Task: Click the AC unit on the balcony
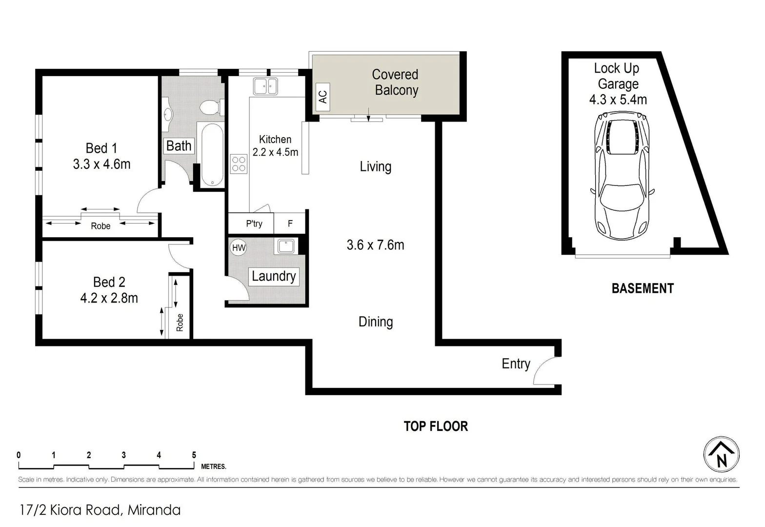pyautogui.click(x=322, y=94)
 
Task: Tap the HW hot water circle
pyautogui.click(x=239, y=247)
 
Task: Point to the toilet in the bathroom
pyautogui.click(x=213, y=106)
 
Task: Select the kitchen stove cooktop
pyautogui.click(x=239, y=164)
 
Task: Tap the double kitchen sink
pyautogui.click(x=265, y=86)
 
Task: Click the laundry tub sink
pyautogui.click(x=285, y=246)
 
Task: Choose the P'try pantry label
pyautogui.click(x=254, y=223)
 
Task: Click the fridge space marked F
pyautogui.click(x=290, y=223)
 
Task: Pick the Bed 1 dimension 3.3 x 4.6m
pyautogui.click(x=101, y=164)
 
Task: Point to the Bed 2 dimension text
pyautogui.click(x=109, y=298)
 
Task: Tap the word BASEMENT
pyautogui.click(x=643, y=288)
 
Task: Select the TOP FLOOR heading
pyautogui.click(x=436, y=426)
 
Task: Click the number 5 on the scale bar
pyautogui.click(x=194, y=455)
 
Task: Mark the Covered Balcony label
pyautogui.click(x=395, y=82)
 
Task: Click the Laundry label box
pyautogui.click(x=273, y=276)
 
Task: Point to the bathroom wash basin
pyautogui.click(x=168, y=114)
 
